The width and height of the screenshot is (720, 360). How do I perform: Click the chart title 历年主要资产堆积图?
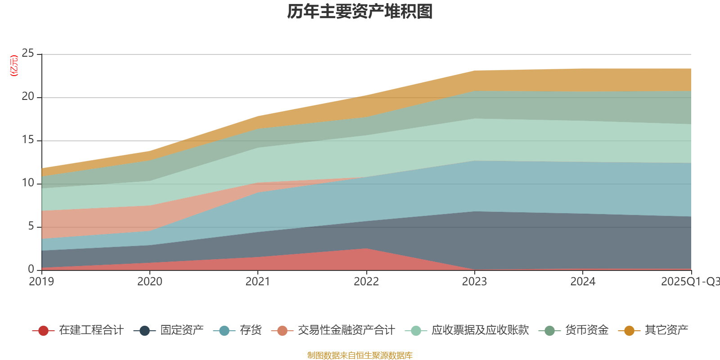(360, 12)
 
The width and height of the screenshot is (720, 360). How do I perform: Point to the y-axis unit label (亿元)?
(14, 66)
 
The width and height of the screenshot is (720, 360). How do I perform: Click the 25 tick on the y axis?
(28, 54)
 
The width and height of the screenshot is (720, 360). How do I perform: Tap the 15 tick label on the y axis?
(28, 140)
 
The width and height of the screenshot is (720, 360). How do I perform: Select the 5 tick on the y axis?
(31, 226)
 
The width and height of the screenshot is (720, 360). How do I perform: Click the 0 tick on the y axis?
(31, 269)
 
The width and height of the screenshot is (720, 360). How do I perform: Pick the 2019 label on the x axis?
(41, 282)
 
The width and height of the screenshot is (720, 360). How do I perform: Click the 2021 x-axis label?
(258, 282)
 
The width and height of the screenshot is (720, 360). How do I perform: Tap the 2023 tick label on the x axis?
(474, 282)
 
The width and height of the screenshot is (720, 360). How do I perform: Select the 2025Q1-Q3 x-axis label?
(689, 282)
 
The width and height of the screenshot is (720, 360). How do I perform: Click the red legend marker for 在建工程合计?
(43, 331)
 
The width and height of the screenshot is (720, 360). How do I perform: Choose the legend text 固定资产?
(182, 330)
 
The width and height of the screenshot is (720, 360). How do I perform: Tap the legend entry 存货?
(250, 330)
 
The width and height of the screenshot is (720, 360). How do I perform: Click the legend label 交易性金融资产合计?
(346, 330)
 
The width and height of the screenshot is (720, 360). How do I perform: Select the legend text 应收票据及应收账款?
(480, 330)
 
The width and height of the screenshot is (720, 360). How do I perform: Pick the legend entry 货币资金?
(587, 330)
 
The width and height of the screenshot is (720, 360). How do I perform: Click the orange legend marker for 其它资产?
(629, 331)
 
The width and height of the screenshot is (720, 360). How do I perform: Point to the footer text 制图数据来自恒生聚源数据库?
(360, 355)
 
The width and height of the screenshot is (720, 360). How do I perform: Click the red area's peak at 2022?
(366, 249)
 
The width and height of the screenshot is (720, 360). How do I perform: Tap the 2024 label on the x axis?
(583, 282)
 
